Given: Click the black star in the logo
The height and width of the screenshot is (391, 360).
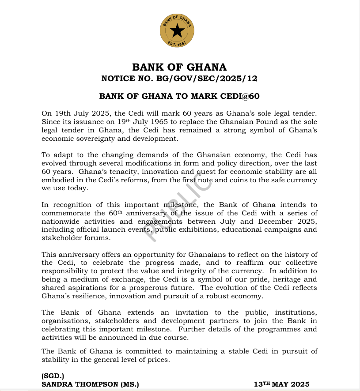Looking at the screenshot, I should click(177, 30).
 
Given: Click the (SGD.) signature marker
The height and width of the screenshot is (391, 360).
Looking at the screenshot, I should click(53, 376).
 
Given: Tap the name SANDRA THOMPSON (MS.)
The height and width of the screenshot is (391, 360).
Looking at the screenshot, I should click(90, 384).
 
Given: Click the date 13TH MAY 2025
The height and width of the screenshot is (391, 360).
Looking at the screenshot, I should click(281, 384).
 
